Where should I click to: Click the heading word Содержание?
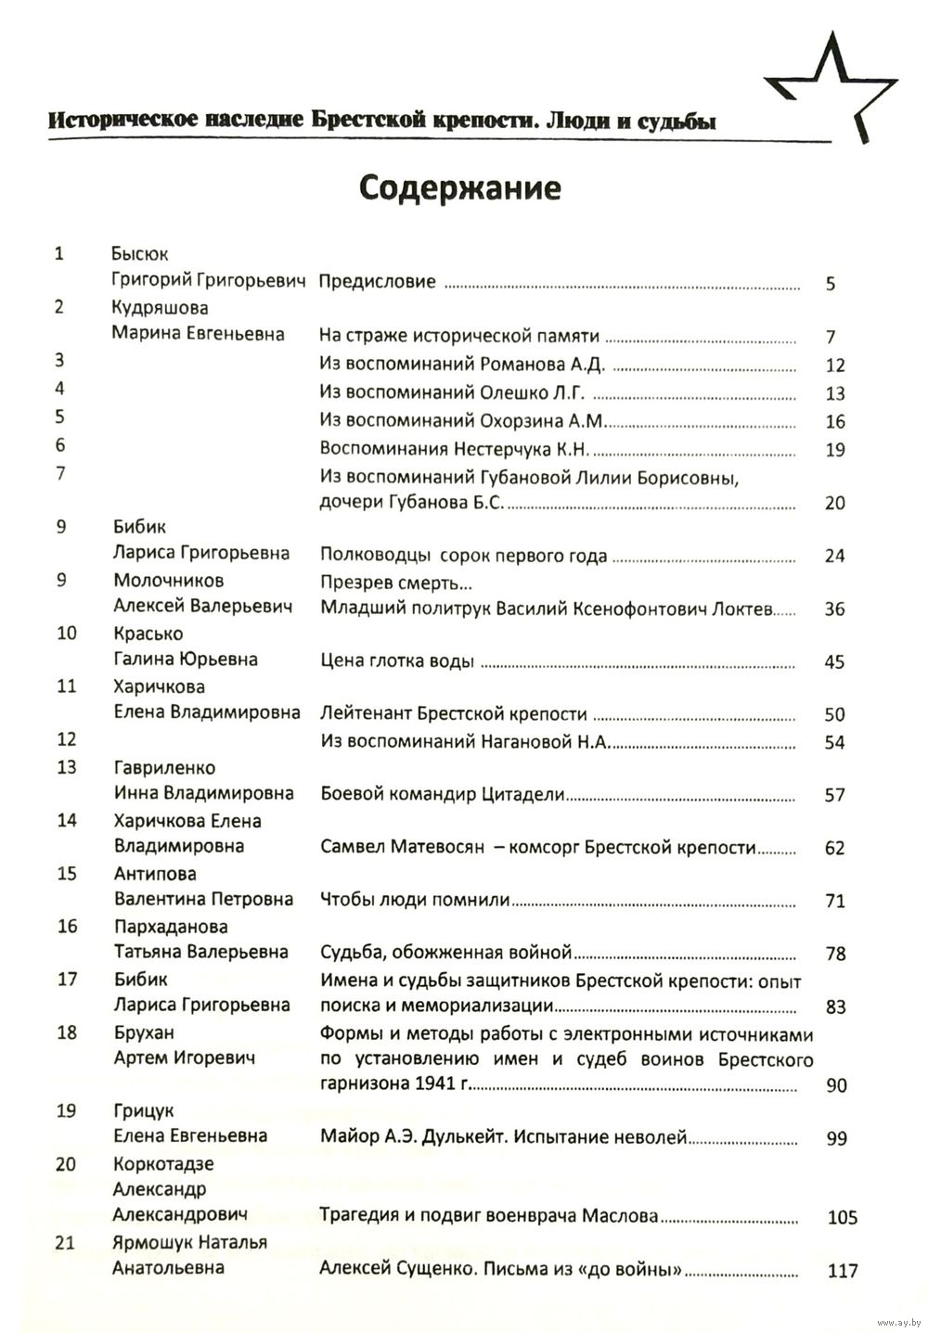[x=459, y=188]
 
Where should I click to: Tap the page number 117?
[x=842, y=1271]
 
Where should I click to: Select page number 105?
[x=842, y=1218]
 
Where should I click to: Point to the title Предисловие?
[x=377, y=281]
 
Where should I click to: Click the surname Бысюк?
[x=139, y=254]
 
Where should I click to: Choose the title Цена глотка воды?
[x=397, y=661]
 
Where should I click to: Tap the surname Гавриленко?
[x=164, y=768]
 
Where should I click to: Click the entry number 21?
[x=65, y=1244]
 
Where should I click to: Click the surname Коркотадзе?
[x=163, y=1164]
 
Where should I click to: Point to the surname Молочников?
[x=168, y=581]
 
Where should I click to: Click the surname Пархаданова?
[x=171, y=927]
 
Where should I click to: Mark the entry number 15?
[x=67, y=874]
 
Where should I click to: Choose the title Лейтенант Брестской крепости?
[x=454, y=714]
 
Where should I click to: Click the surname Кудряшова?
[x=160, y=308]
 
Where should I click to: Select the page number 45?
[x=834, y=662]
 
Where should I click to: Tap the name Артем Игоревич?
[x=184, y=1057]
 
